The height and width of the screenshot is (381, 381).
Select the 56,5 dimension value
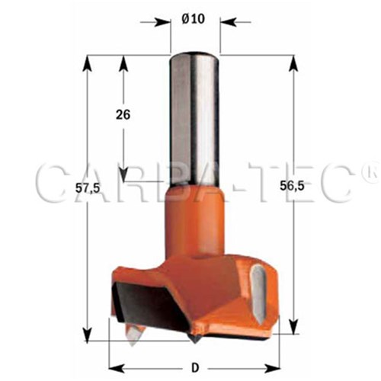(x=309, y=188)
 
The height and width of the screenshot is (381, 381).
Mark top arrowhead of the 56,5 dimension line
(x=295, y=60)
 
